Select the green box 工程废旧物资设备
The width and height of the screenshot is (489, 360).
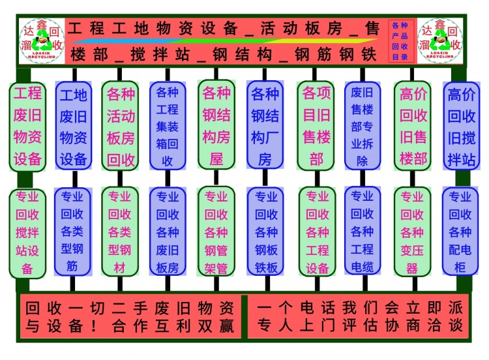[x=27, y=125]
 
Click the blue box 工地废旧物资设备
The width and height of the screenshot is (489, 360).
[x=73, y=127]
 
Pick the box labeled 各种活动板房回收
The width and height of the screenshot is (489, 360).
[x=121, y=127]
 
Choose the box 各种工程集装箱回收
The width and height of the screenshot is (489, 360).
[x=168, y=127]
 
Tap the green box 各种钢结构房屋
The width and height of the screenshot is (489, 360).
[x=216, y=125]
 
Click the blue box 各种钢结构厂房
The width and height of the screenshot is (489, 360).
[x=265, y=127]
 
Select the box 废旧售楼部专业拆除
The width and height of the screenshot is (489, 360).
[x=362, y=125]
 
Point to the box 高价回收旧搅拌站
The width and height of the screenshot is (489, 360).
[x=461, y=127]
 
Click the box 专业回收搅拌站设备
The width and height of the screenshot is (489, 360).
[x=27, y=232]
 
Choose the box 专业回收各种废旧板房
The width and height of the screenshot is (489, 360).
[x=168, y=231]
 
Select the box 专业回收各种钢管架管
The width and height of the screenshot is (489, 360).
[x=216, y=231]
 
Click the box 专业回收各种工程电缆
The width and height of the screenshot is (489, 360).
[x=362, y=231]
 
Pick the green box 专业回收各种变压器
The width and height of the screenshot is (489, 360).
[x=412, y=231]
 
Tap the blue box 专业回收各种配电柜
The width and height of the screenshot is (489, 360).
[x=460, y=231]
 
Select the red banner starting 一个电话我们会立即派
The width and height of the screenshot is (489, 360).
[x=359, y=317]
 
